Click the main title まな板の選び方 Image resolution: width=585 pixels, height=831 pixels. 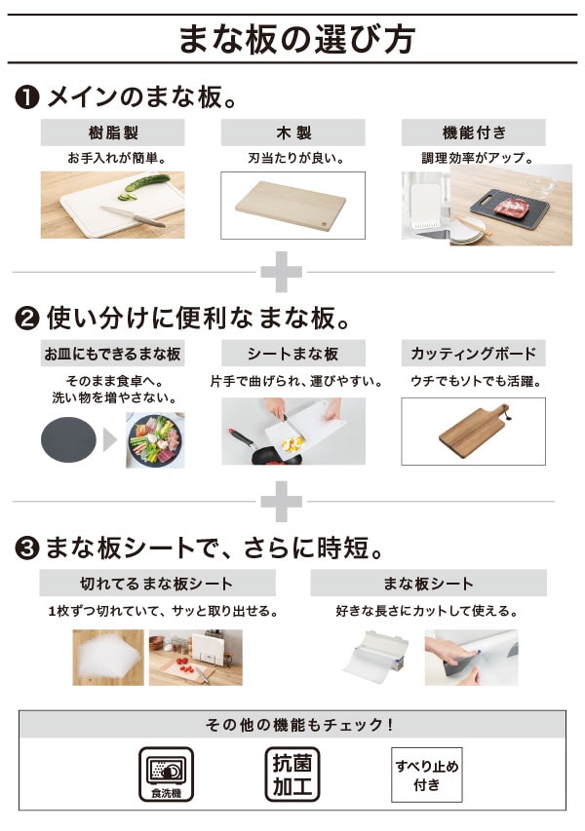tap(296, 39)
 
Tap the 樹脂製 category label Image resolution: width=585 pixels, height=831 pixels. tap(112, 132)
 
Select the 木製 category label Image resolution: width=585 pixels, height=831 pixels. tap(292, 132)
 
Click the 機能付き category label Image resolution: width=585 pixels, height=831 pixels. tap(473, 132)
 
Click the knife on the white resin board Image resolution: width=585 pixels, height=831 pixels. tap(134, 215)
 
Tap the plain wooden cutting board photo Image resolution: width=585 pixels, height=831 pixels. tap(291, 205)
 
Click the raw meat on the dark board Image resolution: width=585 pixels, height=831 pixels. tap(512, 207)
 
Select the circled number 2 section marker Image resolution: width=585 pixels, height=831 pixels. tap(27, 319)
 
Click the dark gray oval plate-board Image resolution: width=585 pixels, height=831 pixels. tap(69, 439)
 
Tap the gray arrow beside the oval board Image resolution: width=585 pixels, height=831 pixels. tap(110, 440)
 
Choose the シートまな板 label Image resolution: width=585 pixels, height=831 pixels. tap(292, 354)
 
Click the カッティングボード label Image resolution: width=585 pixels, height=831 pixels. tap(473, 354)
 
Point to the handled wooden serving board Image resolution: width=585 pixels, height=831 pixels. tap(473, 431)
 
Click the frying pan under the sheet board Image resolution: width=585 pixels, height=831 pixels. tap(265, 448)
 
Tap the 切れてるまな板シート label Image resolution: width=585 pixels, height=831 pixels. tap(157, 584)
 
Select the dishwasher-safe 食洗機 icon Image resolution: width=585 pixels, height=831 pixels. tap(166, 774)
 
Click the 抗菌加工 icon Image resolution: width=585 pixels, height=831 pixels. tap(292, 774)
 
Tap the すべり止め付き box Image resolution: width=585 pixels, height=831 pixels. tap(427, 774)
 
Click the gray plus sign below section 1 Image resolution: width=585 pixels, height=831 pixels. tap(281, 272)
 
